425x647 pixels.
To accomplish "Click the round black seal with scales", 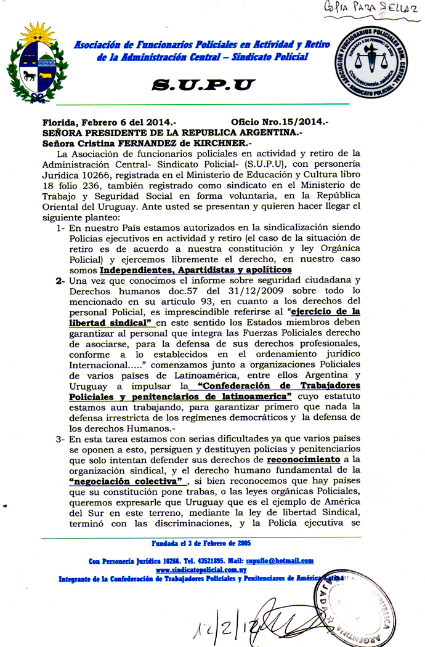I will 372,65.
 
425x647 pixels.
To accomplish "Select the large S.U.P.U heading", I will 203,86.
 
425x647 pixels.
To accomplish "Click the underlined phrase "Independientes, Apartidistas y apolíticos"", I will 195,270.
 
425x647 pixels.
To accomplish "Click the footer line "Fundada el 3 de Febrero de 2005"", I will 201,543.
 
